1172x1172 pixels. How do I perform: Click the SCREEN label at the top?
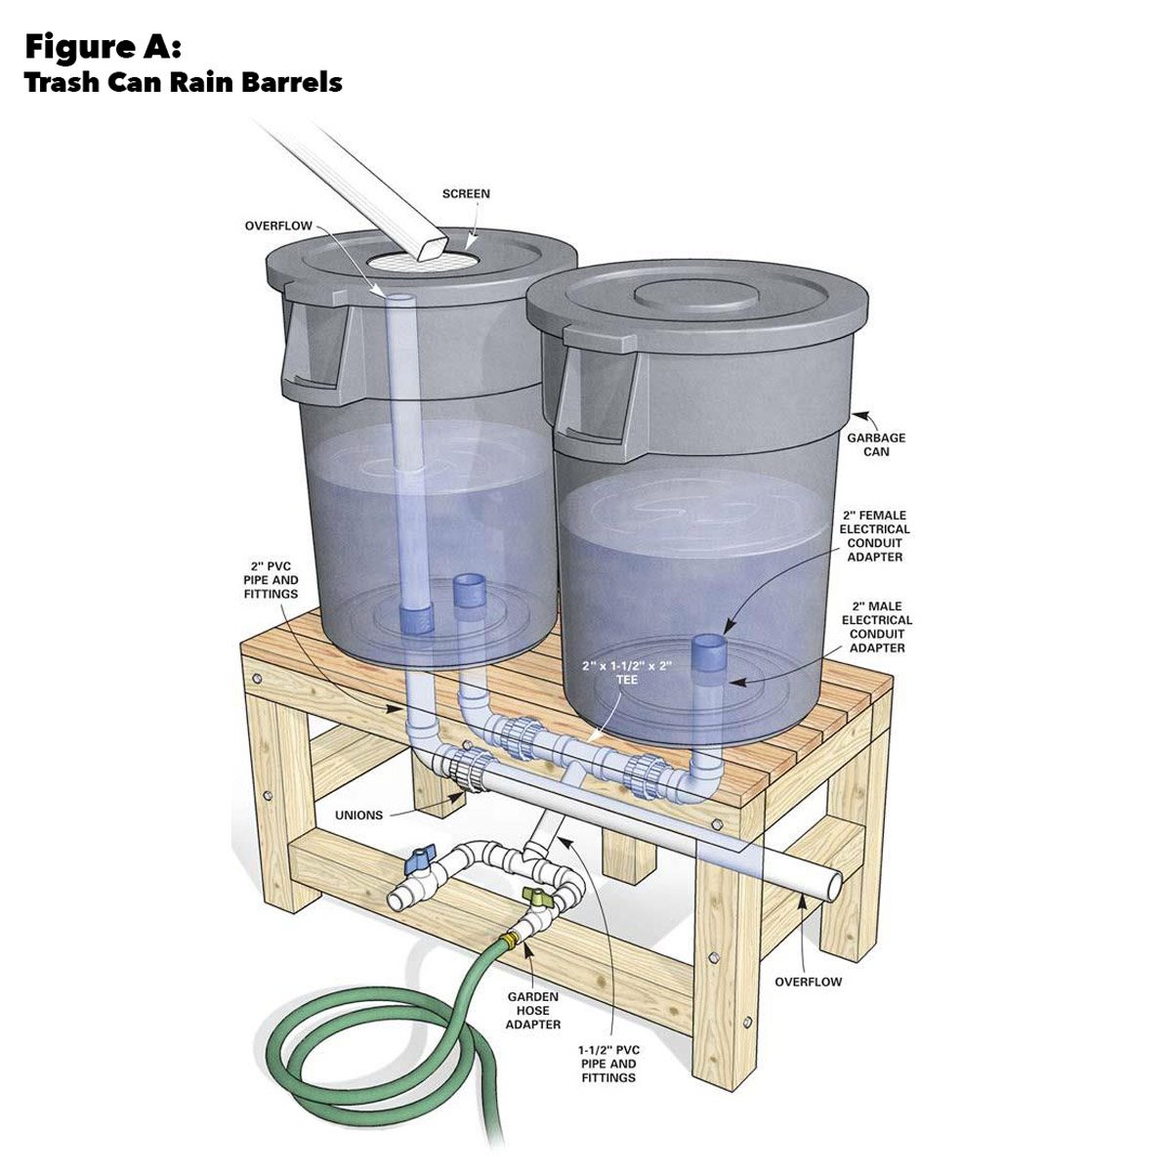(x=466, y=193)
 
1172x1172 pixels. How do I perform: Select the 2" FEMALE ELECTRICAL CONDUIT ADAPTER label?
(x=876, y=535)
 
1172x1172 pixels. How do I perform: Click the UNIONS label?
(x=358, y=815)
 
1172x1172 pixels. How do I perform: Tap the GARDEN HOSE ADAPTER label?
(x=534, y=1011)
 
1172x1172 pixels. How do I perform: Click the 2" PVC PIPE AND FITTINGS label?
(x=272, y=579)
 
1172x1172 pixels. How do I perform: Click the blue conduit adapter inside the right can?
(x=708, y=652)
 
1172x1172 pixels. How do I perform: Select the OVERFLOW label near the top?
(x=278, y=226)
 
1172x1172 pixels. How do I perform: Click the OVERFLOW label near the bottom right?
(x=808, y=982)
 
